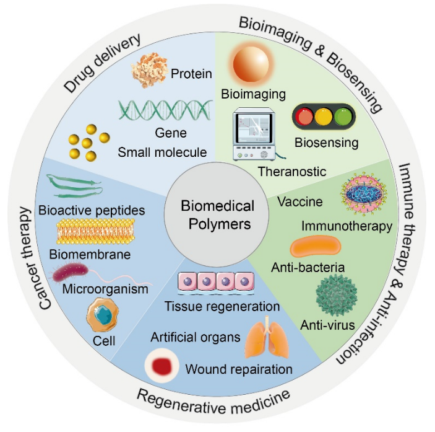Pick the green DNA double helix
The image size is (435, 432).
(162, 111)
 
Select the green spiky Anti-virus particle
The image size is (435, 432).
(336, 296)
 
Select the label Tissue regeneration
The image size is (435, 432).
(222, 306)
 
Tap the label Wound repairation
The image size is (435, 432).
(238, 369)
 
